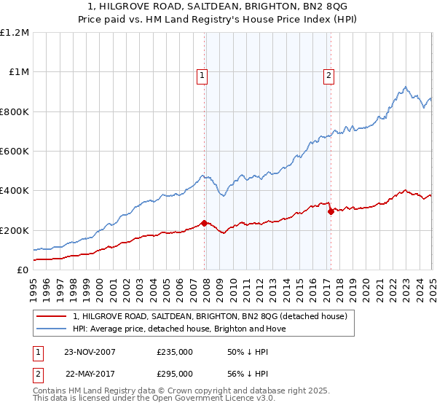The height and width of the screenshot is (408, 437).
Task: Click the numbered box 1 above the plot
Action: coord(201,75)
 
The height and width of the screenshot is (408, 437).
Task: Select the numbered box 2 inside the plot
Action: coord(328,75)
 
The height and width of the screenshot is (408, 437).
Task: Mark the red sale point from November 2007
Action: coord(205,223)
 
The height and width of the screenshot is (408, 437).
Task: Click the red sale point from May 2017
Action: coord(331,211)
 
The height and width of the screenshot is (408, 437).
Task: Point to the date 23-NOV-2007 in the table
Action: coord(90,352)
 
